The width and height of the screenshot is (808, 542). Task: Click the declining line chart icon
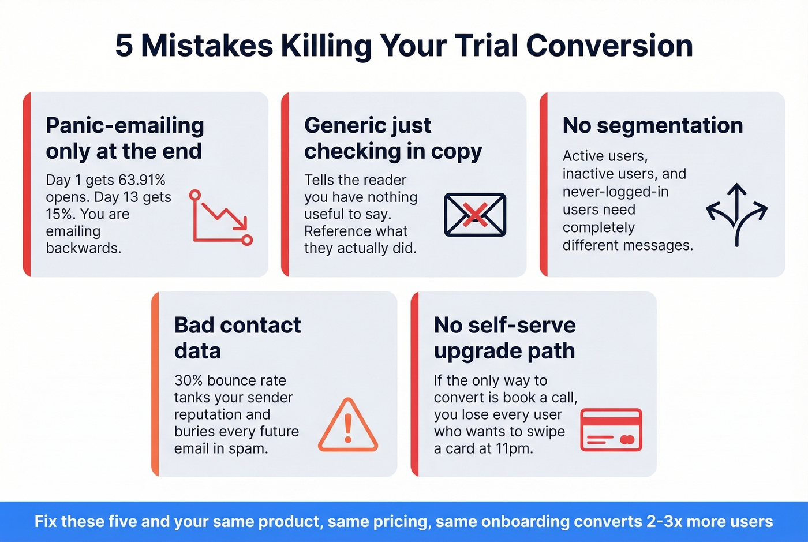tap(220, 217)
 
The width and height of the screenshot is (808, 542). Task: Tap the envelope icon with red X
tap(474, 215)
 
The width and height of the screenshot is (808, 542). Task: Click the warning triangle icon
tap(348, 425)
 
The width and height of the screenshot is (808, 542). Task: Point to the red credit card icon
tap(611, 430)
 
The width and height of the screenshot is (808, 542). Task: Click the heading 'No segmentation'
tap(652, 125)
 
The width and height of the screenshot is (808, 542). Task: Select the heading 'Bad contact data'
tap(237, 338)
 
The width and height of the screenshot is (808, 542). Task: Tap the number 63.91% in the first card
tap(141, 180)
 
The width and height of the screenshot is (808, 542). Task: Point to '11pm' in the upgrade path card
tap(513, 448)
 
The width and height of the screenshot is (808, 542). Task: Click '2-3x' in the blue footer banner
tap(664, 521)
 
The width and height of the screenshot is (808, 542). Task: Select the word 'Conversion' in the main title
tap(609, 46)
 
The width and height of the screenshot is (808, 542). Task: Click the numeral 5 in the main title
tap(124, 46)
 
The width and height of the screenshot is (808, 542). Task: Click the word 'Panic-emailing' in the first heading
tap(125, 125)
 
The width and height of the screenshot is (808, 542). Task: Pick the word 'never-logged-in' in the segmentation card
tap(615, 192)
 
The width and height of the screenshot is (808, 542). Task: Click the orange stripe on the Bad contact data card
tap(155, 384)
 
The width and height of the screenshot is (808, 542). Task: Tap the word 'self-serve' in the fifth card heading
tap(521, 325)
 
